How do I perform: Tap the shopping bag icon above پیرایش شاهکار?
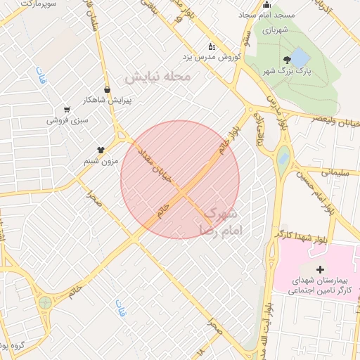[x=107, y=89]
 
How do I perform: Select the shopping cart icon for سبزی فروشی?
[x=67, y=110]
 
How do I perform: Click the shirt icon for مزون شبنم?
[x=101, y=150]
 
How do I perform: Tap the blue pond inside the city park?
[x=300, y=58]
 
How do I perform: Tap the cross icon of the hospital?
[x=321, y=269]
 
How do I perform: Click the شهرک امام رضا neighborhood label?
[x=221, y=220]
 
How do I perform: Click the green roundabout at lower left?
[x=46, y=303]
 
